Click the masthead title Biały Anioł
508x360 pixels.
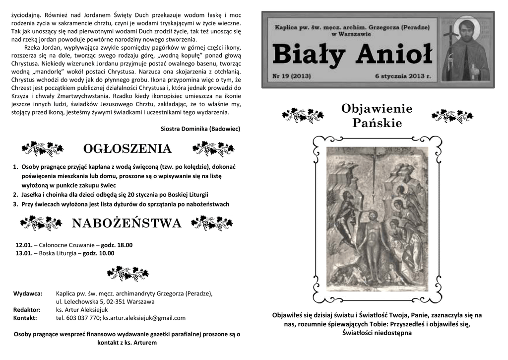coord(352,54)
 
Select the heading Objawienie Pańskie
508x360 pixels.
coord(377,116)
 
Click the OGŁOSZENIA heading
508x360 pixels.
coord(127,148)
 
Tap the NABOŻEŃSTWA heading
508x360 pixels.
coord(127,223)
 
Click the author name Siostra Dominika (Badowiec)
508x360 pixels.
coord(200,129)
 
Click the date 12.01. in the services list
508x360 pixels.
coord(24,245)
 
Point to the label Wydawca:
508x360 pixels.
coord(28,293)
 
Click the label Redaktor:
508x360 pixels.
coord(27,310)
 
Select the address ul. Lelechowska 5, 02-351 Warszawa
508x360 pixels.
coord(105,301)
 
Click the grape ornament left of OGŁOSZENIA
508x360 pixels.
coord(43,148)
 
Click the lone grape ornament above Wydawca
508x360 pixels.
coord(127,272)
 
